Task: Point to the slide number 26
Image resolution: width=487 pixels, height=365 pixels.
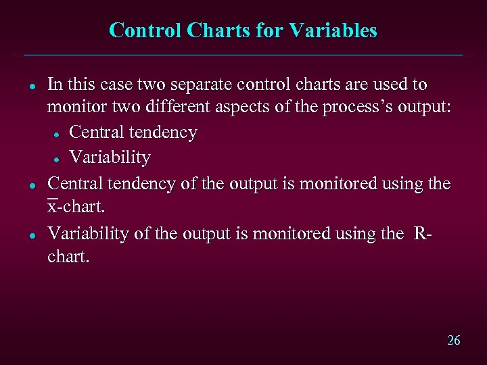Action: point(453,340)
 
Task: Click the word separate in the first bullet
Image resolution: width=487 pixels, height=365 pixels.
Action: point(193,85)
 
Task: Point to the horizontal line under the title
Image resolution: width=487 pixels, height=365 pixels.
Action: point(243,55)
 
